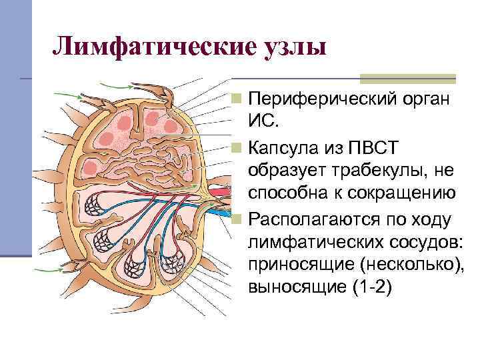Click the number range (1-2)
(374, 287)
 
